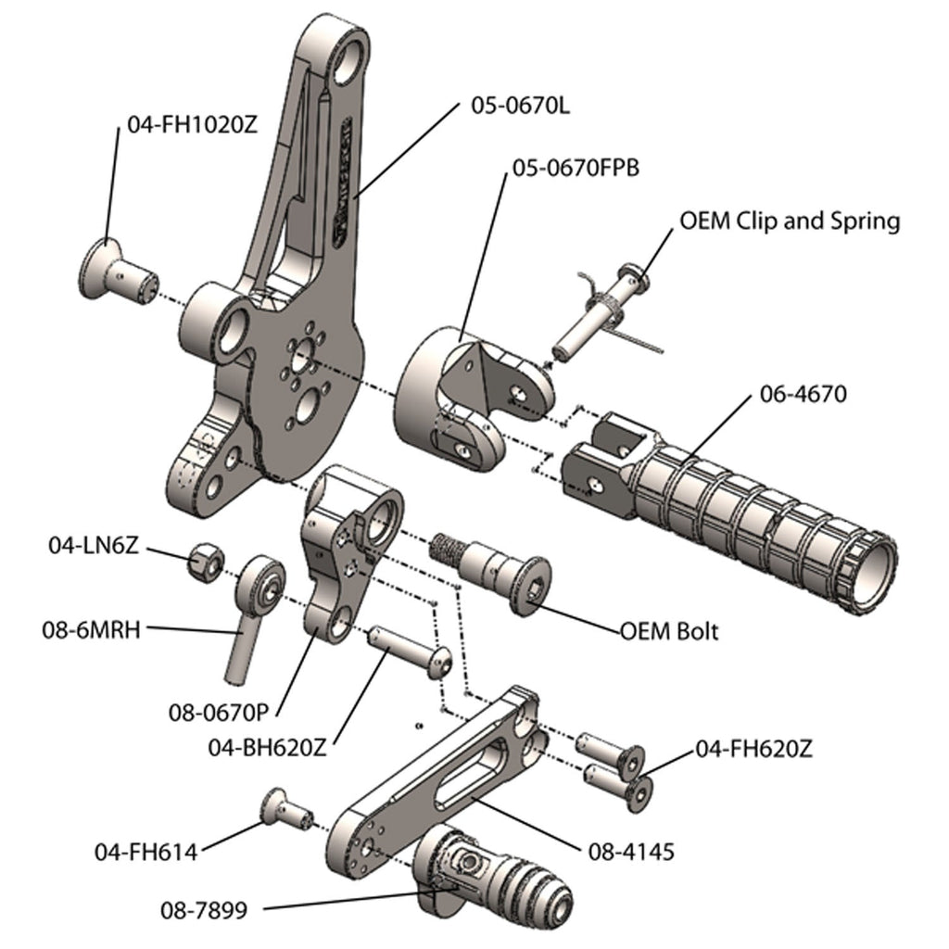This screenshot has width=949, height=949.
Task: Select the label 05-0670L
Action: pos(521,106)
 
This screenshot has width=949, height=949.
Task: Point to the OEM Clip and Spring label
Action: pos(790,221)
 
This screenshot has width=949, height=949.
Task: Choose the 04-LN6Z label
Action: pos(94,546)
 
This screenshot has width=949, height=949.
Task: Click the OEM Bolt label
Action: pos(669,632)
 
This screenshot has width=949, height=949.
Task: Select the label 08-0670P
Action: pos(219,713)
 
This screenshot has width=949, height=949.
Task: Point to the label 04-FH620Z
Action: pos(753,749)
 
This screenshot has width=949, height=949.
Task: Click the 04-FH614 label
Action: pos(146,850)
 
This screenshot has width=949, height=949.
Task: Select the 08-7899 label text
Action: pos(203,910)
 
